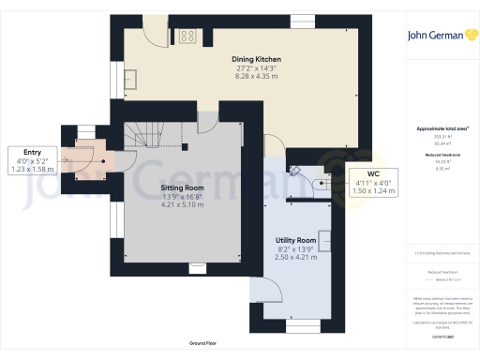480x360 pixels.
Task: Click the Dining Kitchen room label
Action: tap(257, 59)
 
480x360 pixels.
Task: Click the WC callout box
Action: tap(372, 182)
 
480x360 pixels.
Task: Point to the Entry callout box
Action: tap(34, 160)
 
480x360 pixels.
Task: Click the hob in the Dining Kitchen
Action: tap(187, 37)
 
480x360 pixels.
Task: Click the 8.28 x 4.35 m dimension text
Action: tap(257, 75)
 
